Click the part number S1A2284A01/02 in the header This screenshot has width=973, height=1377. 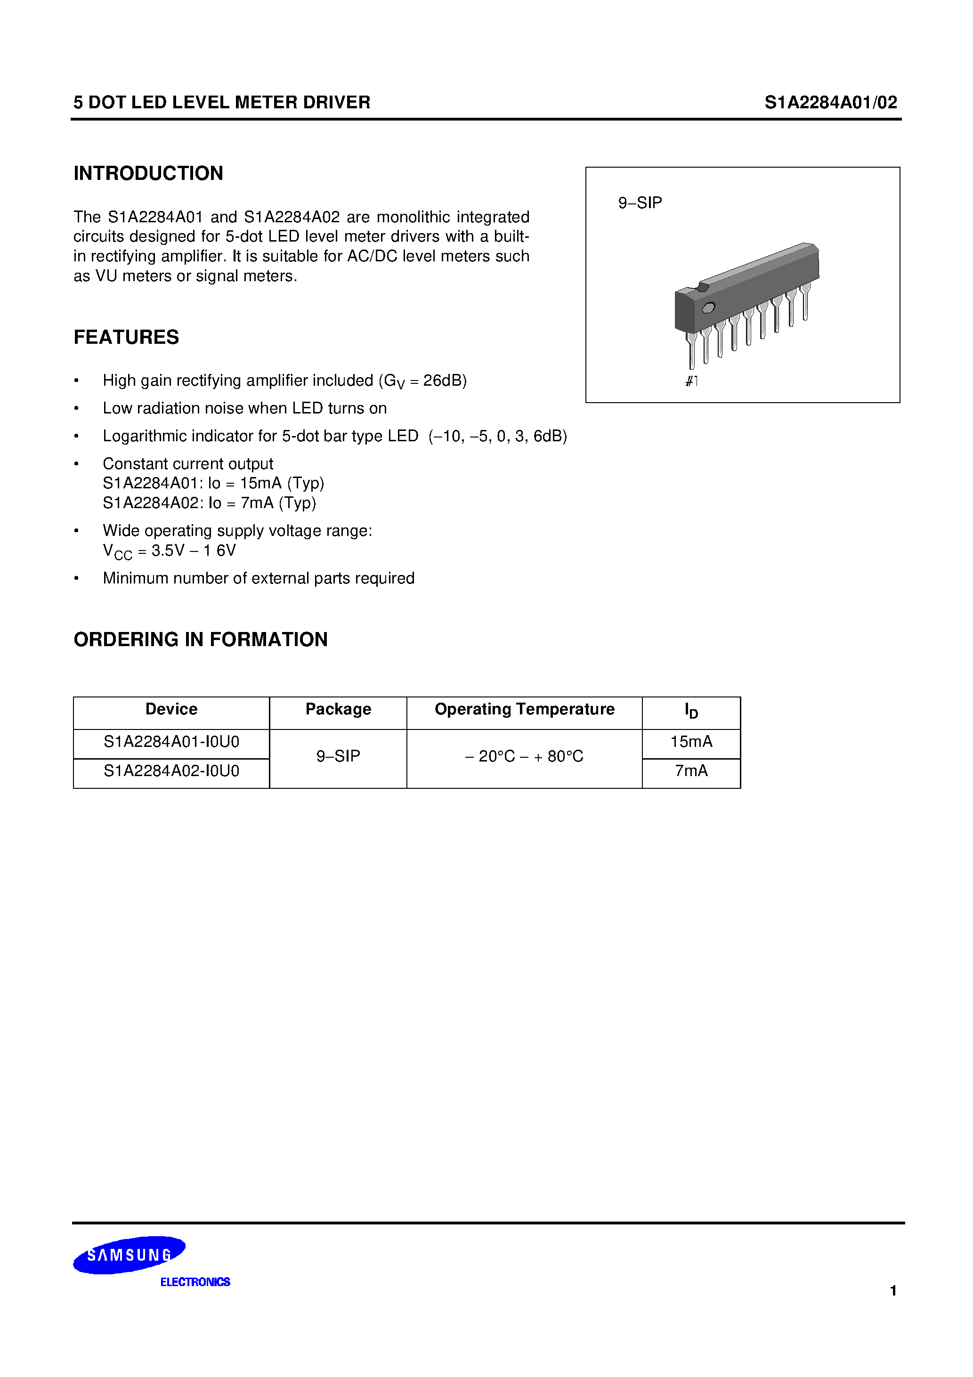pos(830,103)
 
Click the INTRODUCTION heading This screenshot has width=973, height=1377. pos(148,173)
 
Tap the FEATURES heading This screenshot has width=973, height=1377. pos(126,337)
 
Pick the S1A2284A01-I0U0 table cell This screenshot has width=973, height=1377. pos(171,742)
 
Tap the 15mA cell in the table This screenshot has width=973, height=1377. pos(691,742)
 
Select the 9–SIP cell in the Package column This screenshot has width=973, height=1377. pos(338,756)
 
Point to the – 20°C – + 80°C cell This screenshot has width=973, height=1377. pos(524,756)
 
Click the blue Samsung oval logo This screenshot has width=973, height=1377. pos(129,1255)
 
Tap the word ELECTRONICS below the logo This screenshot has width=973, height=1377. pos(195,1282)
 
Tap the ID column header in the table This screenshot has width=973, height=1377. pos(691,711)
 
